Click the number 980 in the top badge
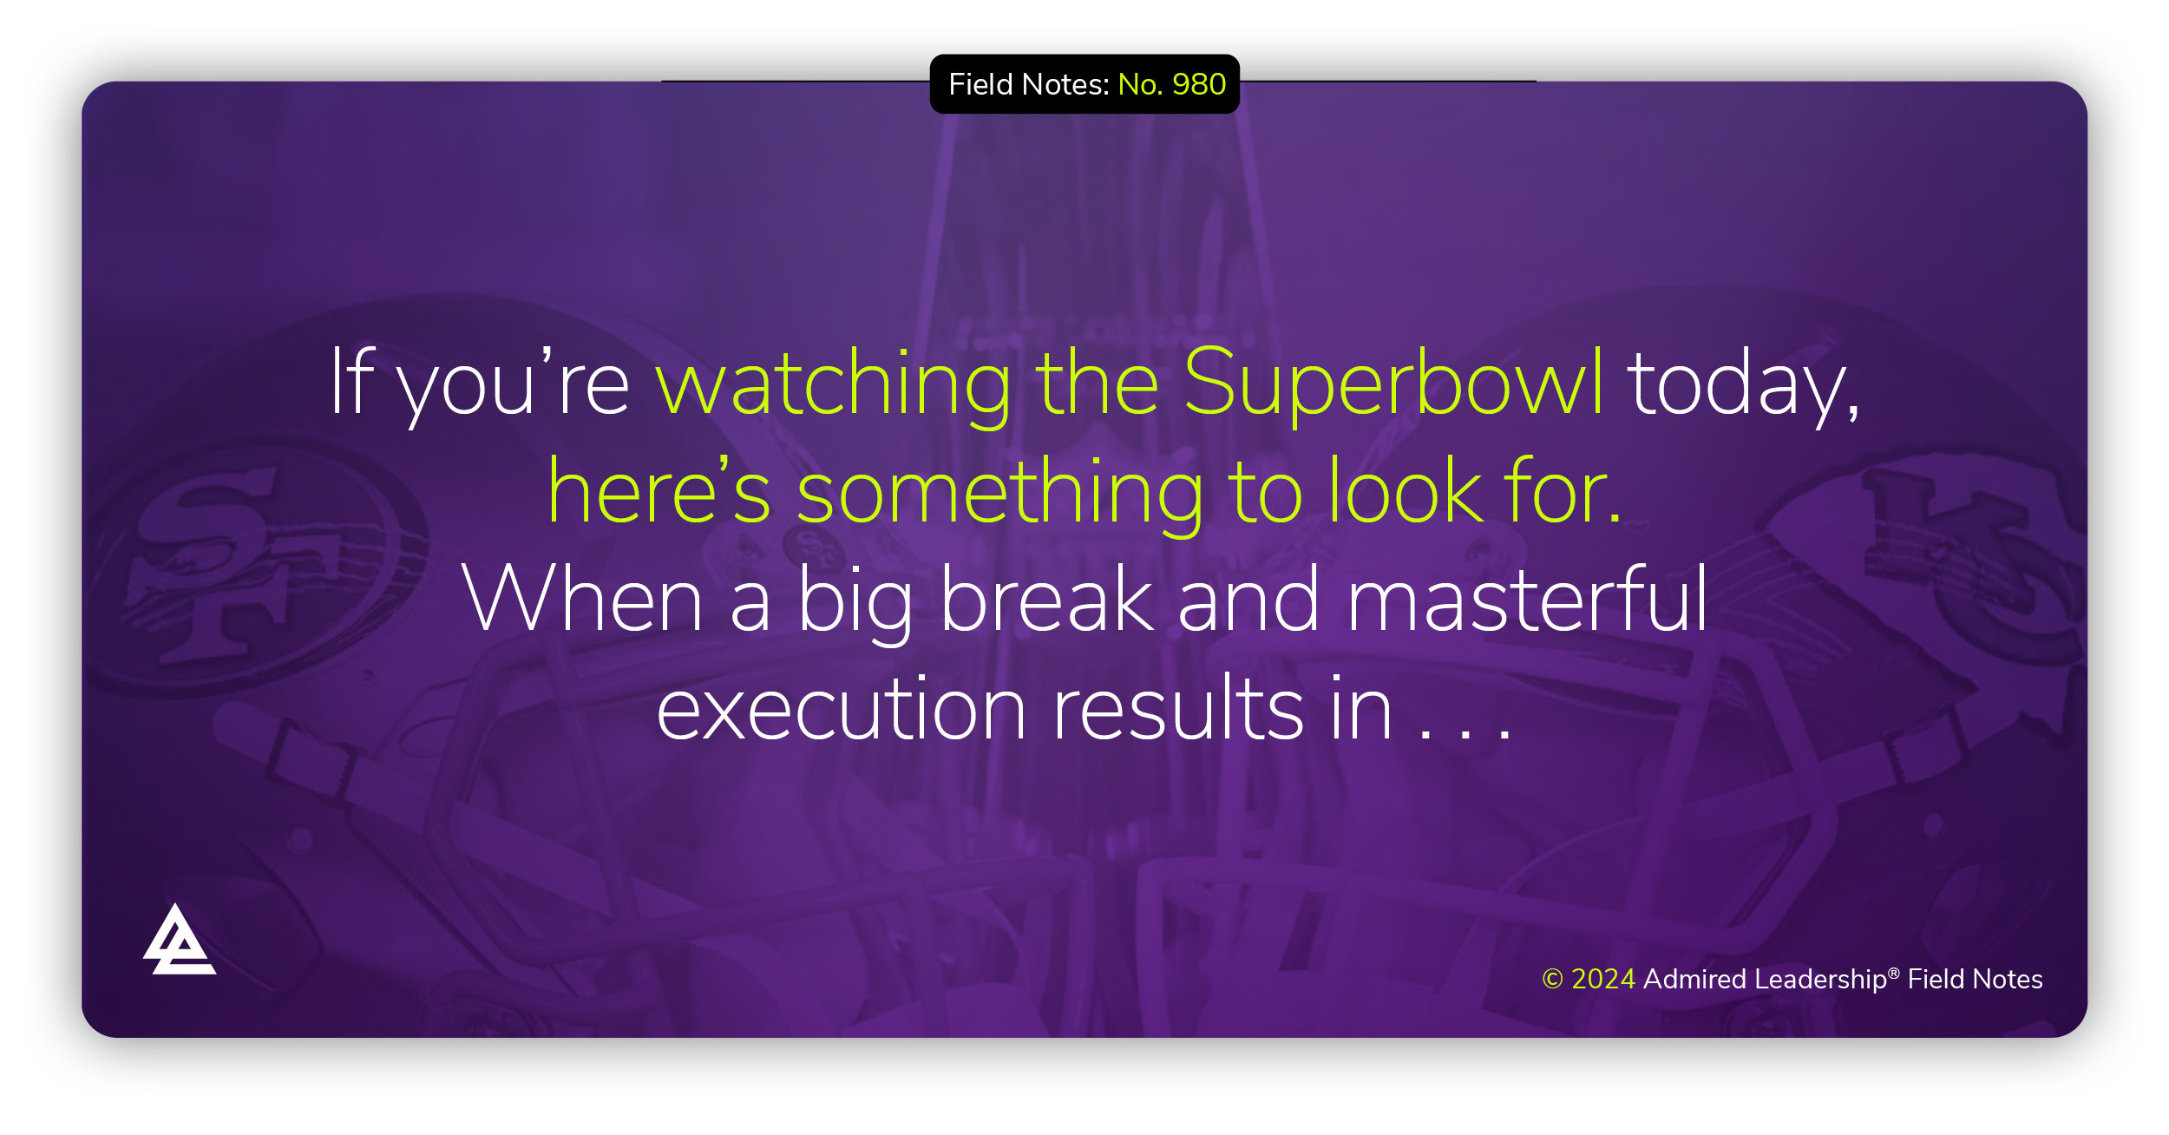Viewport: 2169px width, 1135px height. pyautogui.click(x=1199, y=84)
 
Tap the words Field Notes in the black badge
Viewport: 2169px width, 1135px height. pyautogui.click(x=1029, y=84)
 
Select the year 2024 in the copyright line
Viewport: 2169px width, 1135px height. pyautogui.click(x=1603, y=979)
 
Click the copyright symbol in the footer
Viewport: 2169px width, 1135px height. pyautogui.click(x=1552, y=979)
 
